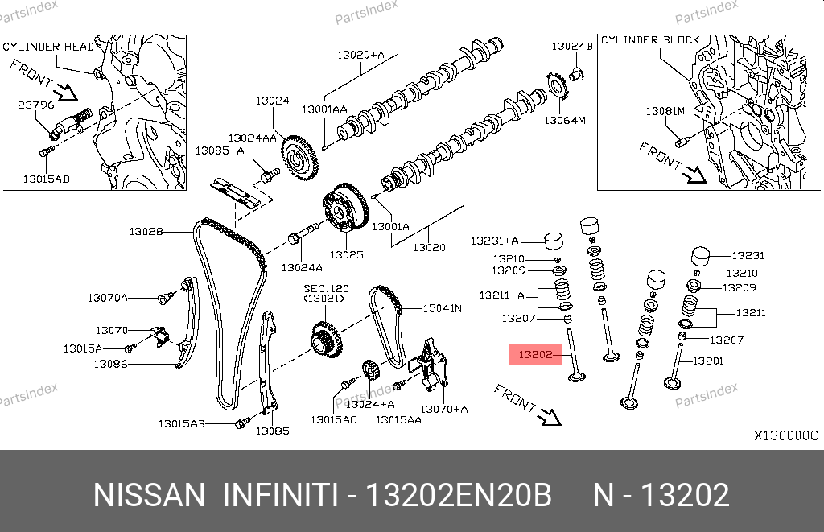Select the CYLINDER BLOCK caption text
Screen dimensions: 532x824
coord(650,40)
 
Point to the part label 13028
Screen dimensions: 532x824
coord(146,232)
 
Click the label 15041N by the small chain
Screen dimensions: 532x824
coord(443,307)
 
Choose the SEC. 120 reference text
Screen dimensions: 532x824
coord(326,287)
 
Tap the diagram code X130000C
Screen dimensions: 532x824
coord(785,435)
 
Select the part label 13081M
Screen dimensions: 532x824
coord(665,110)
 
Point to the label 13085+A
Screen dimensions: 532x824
coord(220,151)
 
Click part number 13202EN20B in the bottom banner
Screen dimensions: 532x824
coord(459,495)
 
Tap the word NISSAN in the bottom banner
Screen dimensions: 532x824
coord(150,495)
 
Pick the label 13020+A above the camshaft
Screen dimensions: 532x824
coord(360,55)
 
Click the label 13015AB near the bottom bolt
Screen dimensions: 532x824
coord(182,423)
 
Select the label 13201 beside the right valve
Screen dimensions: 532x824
coord(707,361)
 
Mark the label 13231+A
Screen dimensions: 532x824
coord(495,241)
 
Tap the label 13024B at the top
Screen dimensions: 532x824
coord(572,47)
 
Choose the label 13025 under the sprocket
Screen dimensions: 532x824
coord(346,254)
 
